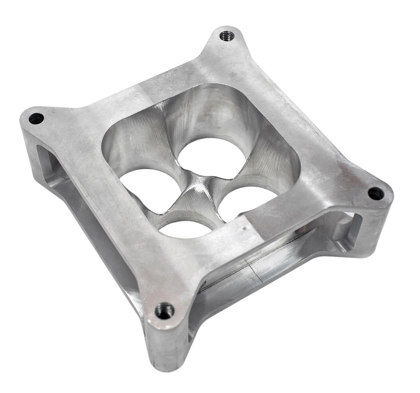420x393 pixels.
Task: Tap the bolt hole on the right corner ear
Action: click(374, 193)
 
